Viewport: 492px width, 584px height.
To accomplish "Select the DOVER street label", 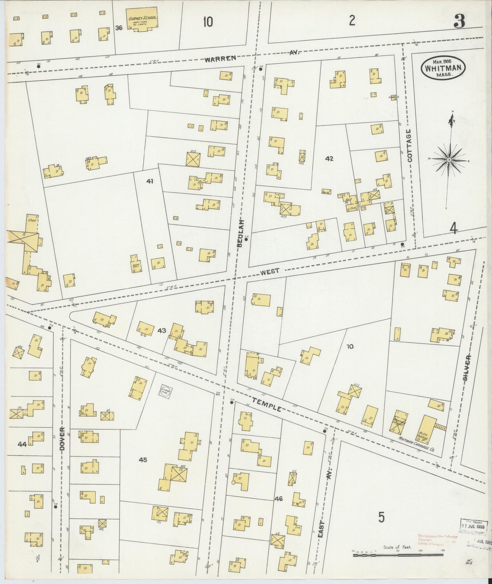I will tap(62, 439).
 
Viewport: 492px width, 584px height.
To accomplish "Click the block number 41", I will tap(150, 182).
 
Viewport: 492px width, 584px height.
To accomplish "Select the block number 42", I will tap(329, 158).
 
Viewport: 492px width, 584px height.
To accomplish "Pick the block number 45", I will tap(143, 460).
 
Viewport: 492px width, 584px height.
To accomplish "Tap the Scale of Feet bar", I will tap(397, 555).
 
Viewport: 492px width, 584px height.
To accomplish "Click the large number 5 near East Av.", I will tap(381, 527).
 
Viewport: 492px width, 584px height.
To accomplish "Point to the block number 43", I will tap(162, 331).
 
